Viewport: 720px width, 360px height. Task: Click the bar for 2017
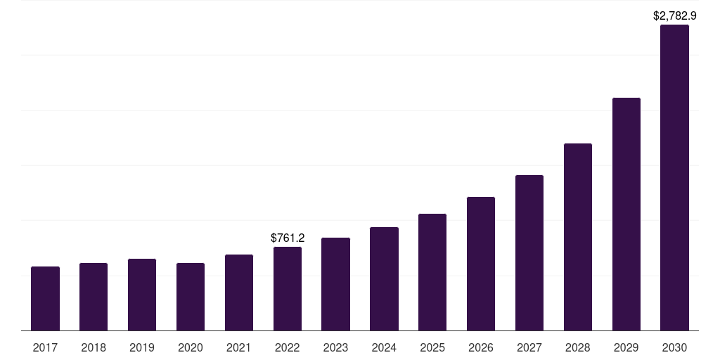click(x=45, y=298)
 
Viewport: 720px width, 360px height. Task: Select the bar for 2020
click(x=191, y=297)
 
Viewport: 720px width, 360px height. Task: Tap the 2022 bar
click(x=288, y=289)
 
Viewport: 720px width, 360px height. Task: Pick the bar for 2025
click(x=432, y=272)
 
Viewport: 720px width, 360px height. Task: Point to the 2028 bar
click(x=578, y=237)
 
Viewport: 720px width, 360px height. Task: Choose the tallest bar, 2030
click(x=674, y=178)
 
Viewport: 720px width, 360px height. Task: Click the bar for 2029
click(x=626, y=214)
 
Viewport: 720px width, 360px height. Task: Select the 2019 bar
click(x=142, y=295)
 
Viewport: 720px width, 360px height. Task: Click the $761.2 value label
click(x=288, y=238)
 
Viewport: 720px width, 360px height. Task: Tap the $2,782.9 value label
click(x=674, y=15)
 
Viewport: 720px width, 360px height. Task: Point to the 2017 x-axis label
click(x=45, y=348)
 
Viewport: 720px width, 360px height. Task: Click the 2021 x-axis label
click(x=239, y=348)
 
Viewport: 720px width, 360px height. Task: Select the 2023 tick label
click(x=335, y=348)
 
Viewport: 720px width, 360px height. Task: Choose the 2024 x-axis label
click(x=384, y=348)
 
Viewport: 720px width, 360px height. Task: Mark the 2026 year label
click(x=481, y=348)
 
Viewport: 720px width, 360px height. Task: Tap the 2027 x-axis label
click(x=529, y=348)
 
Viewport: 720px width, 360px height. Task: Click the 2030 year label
click(x=674, y=348)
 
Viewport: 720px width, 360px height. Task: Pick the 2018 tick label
click(x=94, y=348)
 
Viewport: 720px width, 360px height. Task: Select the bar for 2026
click(x=481, y=264)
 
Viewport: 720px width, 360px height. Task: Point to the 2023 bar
click(x=335, y=284)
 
